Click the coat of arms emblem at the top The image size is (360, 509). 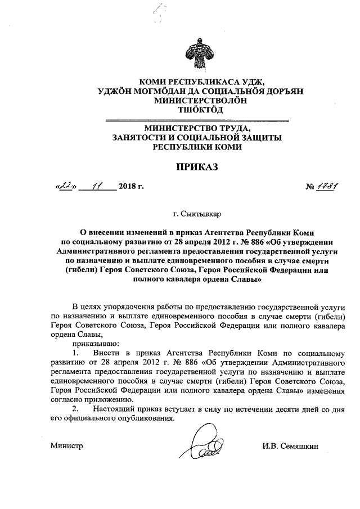click(x=197, y=53)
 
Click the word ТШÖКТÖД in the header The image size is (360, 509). click(x=197, y=110)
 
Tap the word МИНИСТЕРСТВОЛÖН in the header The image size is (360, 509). click(x=197, y=100)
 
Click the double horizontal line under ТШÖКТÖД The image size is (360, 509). click(x=197, y=120)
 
